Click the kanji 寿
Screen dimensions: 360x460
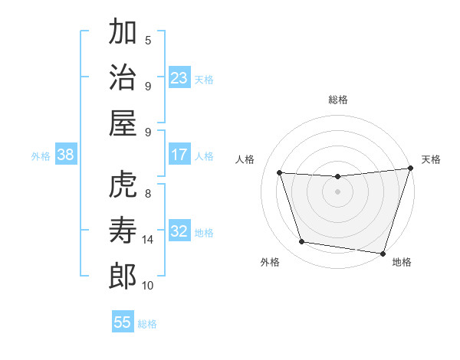tap(123, 231)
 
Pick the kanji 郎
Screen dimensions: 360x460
tap(123, 277)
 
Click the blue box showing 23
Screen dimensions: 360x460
tap(179, 78)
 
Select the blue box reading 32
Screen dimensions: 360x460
tap(179, 232)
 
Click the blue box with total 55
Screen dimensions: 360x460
tap(123, 322)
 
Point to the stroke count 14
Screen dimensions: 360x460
tap(148, 240)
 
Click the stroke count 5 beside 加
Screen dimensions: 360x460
tap(148, 40)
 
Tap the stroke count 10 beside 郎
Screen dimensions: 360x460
tap(148, 286)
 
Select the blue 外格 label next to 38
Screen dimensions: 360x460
tap(41, 156)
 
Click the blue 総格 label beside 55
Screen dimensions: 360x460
tap(147, 323)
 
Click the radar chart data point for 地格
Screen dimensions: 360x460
tap(383, 253)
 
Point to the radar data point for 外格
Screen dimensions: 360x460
tap(301, 242)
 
